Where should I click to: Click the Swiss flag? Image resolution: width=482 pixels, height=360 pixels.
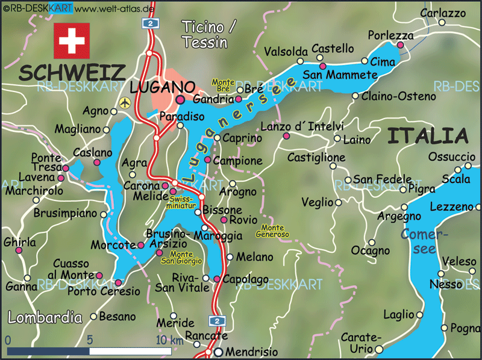pos(72,41)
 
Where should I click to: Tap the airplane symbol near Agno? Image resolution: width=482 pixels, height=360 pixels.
pos(125,102)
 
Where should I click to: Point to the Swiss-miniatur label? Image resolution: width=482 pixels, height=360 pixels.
pos(183,202)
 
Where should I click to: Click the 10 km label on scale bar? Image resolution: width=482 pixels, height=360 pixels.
pos(169,340)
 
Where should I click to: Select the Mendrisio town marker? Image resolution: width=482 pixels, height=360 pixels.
pos(219,352)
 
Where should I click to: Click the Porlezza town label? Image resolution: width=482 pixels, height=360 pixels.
pos(391,35)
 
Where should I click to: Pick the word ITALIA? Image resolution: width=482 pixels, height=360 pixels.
pos(427,136)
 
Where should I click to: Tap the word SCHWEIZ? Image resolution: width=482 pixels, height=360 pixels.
pos(72,72)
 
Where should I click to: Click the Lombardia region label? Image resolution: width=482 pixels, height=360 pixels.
pos(45,317)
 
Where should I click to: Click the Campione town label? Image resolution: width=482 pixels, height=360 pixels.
pos(238,161)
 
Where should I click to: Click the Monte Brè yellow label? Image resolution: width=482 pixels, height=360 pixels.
pos(223,85)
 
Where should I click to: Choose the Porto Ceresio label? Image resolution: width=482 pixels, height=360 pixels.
pos(104,291)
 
